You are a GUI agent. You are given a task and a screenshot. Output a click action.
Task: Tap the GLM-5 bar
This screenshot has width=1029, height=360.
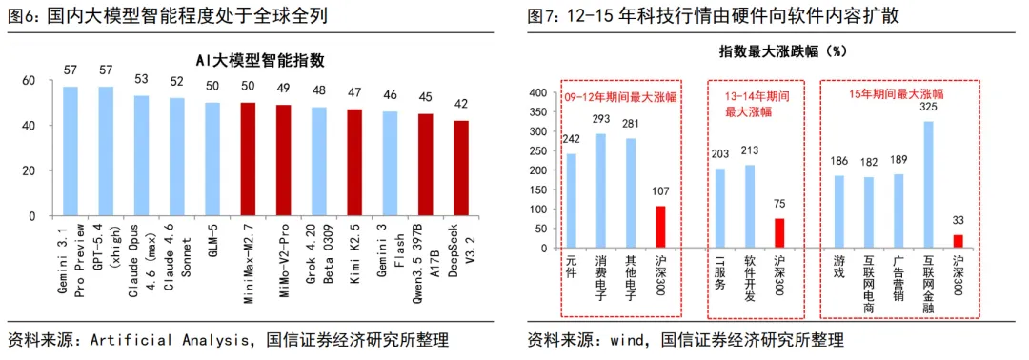pyautogui.click(x=212, y=159)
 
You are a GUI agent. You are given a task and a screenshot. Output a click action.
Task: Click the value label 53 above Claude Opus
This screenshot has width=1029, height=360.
pyautogui.click(x=141, y=79)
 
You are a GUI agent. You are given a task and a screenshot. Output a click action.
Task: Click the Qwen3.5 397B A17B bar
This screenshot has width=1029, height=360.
pyautogui.click(x=426, y=165)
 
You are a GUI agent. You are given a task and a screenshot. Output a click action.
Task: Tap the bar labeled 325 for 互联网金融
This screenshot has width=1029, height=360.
pyautogui.click(x=928, y=184)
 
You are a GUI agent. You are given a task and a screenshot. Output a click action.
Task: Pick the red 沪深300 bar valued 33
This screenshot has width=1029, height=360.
pyautogui.click(x=958, y=241)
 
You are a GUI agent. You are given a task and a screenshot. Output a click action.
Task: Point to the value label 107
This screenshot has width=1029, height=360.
pyautogui.click(x=660, y=191)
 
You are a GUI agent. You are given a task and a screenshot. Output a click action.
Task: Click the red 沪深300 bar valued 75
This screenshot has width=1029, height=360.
pyautogui.click(x=779, y=233)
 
